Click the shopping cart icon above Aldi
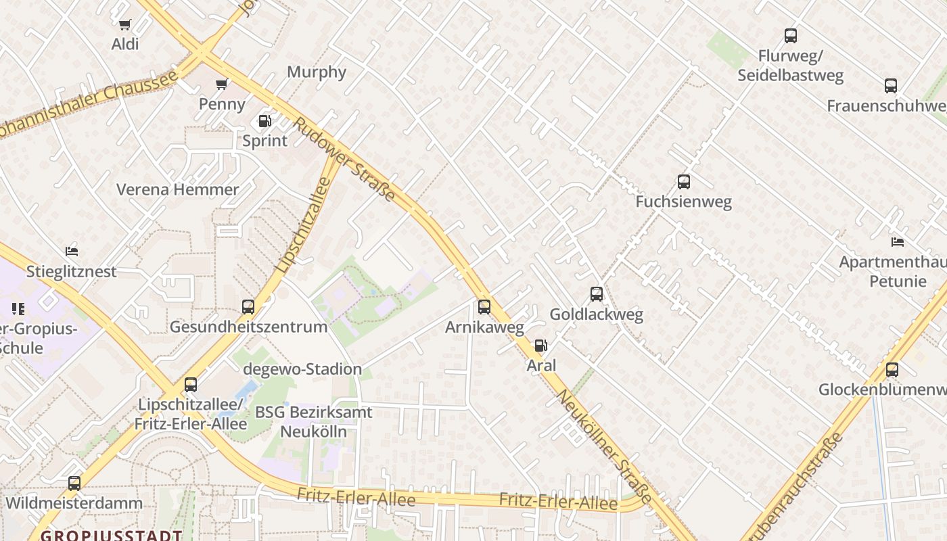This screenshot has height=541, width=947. (x=124, y=25)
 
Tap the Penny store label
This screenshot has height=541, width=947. (x=222, y=103)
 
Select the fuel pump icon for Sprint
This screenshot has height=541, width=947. (x=265, y=122)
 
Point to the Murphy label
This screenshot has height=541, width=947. (x=317, y=72)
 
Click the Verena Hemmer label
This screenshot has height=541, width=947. (x=178, y=189)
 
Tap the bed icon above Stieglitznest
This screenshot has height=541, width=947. (x=72, y=252)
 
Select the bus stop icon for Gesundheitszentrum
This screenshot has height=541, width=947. (x=248, y=307)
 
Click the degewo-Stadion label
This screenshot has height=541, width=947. (x=303, y=369)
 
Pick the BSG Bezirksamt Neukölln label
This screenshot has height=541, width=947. (x=313, y=421)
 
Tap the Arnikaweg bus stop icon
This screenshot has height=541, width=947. (x=484, y=307)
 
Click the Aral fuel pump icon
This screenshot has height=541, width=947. (x=540, y=346)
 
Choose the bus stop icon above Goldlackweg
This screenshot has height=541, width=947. (x=597, y=294)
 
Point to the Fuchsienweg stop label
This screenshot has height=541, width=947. (x=683, y=202)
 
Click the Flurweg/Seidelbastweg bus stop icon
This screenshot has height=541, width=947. (x=791, y=36)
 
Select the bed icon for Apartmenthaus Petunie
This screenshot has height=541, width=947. (x=898, y=242)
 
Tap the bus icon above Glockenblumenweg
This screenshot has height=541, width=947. (x=892, y=370)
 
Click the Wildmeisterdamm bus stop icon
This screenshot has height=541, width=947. (x=74, y=484)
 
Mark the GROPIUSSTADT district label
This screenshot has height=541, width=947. (x=111, y=535)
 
